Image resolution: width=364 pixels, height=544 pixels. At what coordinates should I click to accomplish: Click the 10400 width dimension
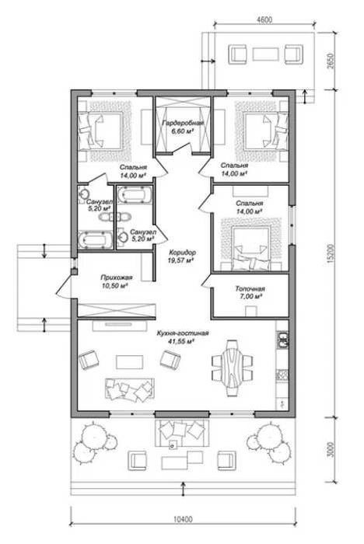[x=183, y=519]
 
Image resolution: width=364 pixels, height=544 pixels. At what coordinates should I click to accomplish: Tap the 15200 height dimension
[x=331, y=253]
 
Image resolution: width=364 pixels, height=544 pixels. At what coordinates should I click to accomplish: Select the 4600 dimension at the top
[x=264, y=19]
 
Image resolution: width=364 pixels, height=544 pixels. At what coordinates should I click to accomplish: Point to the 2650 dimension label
[x=331, y=61]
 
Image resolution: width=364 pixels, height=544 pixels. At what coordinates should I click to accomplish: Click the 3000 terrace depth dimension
[x=331, y=449]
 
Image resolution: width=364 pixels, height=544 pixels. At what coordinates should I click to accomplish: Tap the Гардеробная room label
[x=183, y=123]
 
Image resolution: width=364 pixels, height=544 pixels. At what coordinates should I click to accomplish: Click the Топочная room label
[x=250, y=288]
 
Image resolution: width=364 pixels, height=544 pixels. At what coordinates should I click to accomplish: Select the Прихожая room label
[x=117, y=277]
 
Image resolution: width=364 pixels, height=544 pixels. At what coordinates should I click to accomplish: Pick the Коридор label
[x=182, y=253]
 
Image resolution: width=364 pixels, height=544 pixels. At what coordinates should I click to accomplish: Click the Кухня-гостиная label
[x=183, y=333]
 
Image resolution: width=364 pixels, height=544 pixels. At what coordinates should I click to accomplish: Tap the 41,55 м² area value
[x=181, y=341]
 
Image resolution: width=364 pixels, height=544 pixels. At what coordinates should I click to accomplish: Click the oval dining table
[x=232, y=368]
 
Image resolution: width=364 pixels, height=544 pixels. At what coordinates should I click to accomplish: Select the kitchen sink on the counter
[x=283, y=340]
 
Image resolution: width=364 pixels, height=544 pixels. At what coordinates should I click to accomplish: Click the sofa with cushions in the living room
[x=130, y=389]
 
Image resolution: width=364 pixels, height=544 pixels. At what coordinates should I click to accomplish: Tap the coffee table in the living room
[x=130, y=362]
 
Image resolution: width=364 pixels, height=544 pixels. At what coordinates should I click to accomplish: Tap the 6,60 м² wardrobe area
[x=182, y=131]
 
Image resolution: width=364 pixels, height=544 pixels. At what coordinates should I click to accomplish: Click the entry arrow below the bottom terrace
[x=183, y=489]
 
